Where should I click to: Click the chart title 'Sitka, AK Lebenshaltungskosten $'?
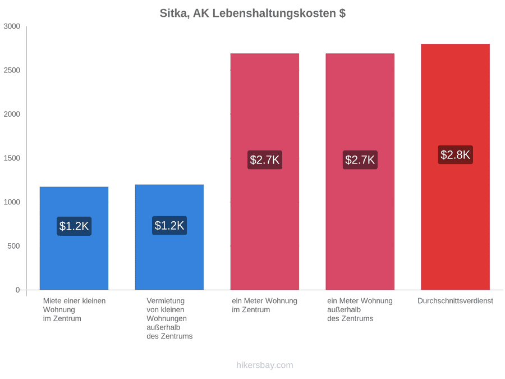pos(252,13)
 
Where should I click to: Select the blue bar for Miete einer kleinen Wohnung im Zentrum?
pos(74,238)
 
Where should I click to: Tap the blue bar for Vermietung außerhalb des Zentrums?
pos(169,237)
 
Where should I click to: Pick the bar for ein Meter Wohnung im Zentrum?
pos(265,171)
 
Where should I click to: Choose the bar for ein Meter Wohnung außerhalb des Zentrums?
pos(360,171)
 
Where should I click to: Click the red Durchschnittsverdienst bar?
pos(456,167)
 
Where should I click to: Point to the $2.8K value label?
pos(456,155)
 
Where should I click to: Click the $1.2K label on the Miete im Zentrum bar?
pos(74,226)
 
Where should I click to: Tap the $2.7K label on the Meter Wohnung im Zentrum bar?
pos(265,159)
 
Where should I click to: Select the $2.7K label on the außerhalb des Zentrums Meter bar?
pos(360,159)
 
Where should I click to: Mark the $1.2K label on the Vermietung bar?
pos(169,225)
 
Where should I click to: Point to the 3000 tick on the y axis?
pos(12,26)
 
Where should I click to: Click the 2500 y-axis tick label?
pos(12,70)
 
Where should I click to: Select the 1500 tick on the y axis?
pos(12,158)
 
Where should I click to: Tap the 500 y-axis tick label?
pos(14,246)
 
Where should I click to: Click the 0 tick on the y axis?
pos(18,290)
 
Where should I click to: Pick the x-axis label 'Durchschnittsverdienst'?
pos(456,301)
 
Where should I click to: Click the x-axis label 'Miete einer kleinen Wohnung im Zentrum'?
pos(75,309)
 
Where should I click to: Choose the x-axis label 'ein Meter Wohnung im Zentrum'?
pos(264,305)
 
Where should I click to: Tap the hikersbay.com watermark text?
pos(265,365)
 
